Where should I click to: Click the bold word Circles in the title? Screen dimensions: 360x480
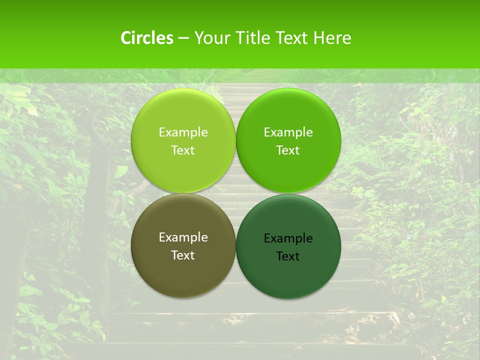point(146,38)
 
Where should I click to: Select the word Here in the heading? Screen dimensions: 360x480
point(332,38)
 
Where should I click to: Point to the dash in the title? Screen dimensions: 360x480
point(183,38)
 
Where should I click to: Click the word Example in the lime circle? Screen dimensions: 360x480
point(183,132)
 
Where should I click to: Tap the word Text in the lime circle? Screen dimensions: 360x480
point(183,150)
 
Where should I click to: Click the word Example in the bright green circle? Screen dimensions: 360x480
point(288,132)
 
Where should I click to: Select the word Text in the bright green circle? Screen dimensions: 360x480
point(288,150)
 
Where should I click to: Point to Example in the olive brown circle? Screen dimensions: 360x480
point(183,237)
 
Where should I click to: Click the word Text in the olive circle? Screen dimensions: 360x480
point(183,255)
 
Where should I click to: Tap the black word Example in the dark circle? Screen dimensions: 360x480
point(288,238)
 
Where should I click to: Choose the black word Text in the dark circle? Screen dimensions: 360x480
point(288,256)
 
